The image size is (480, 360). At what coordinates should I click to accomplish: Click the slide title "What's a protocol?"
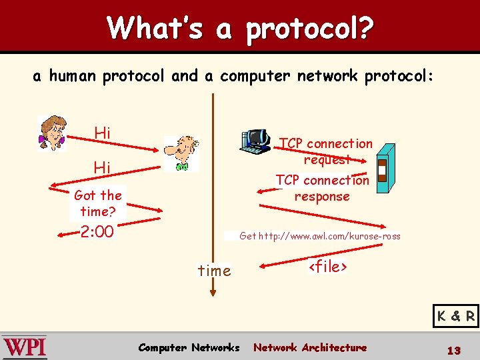tap(240, 28)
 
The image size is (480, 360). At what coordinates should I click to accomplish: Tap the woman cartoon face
tap(51, 132)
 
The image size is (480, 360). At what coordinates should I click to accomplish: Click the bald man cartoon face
tap(181, 153)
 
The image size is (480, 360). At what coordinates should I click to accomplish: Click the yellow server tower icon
tap(383, 171)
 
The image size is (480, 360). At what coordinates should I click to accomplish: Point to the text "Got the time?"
tap(98, 203)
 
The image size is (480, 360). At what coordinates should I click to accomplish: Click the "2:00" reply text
tap(97, 233)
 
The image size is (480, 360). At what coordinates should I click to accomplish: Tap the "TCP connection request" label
tap(326, 151)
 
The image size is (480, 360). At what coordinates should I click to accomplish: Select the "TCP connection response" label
tap(322, 188)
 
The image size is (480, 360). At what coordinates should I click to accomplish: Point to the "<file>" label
tap(327, 267)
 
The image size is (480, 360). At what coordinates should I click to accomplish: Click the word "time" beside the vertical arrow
tap(215, 271)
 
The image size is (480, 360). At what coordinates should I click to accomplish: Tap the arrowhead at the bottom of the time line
tap(213, 291)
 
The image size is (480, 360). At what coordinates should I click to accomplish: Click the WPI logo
tap(25, 347)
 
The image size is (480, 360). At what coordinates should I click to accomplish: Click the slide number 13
tap(454, 350)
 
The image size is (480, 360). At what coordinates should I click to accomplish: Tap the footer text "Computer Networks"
tap(189, 347)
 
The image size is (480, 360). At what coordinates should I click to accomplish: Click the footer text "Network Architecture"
tap(310, 347)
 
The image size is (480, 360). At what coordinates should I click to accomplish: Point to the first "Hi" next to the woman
tap(102, 133)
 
